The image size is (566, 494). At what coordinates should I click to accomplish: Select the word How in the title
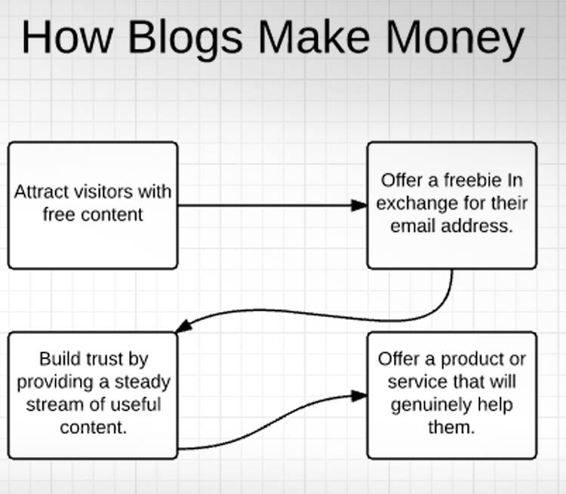(x=67, y=37)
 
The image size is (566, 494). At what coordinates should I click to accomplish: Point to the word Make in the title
(x=314, y=37)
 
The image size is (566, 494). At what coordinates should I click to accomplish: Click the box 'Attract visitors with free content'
(x=93, y=205)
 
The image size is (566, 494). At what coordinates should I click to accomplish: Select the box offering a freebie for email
(x=452, y=205)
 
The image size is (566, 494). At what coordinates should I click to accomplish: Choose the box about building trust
(x=93, y=395)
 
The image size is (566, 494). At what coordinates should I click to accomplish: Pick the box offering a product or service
(x=452, y=395)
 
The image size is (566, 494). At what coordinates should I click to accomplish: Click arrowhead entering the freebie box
(x=359, y=205)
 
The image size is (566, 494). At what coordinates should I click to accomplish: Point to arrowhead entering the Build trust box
(x=183, y=326)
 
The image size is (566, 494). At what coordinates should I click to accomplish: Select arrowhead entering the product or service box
(x=359, y=395)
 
